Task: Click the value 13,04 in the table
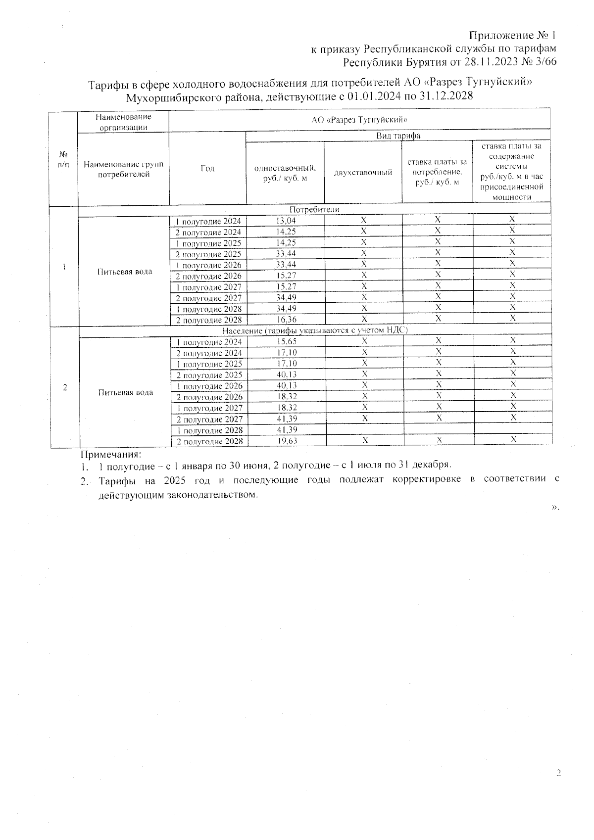pos(286,221)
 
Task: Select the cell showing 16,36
pos(286,320)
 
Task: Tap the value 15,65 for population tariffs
pos(286,342)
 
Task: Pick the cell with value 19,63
pos(286,441)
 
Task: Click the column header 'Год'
pos(207,169)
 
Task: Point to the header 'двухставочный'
pos(363,172)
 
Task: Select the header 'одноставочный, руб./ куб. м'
pos(285,173)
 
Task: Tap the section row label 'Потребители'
pos(314,210)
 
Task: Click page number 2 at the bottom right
pos(558,774)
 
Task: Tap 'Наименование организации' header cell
pos(123,122)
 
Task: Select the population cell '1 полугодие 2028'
pos(209,430)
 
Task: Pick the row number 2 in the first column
pos(65,387)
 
